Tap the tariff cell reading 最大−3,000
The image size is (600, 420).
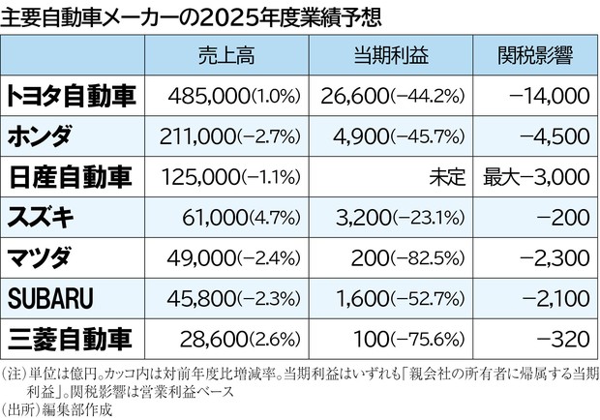click(534, 178)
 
